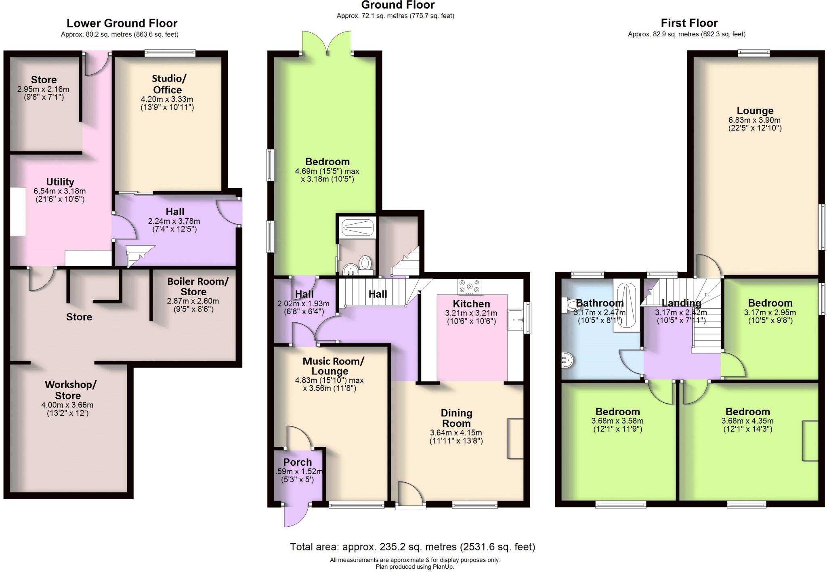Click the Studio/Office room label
(x=167, y=84)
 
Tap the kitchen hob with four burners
(x=469, y=287)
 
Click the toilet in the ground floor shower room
(x=365, y=263)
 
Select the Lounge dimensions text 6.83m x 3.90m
(x=754, y=120)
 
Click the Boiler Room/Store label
(x=198, y=286)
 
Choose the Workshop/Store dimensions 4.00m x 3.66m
(x=70, y=405)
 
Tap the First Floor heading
(x=689, y=23)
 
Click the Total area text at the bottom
(x=412, y=547)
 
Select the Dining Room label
(x=456, y=418)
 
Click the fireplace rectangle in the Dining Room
(x=515, y=438)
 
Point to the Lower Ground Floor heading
(x=122, y=23)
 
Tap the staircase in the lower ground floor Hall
(x=139, y=255)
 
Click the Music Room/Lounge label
(x=333, y=366)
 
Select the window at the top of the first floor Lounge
(x=754, y=53)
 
